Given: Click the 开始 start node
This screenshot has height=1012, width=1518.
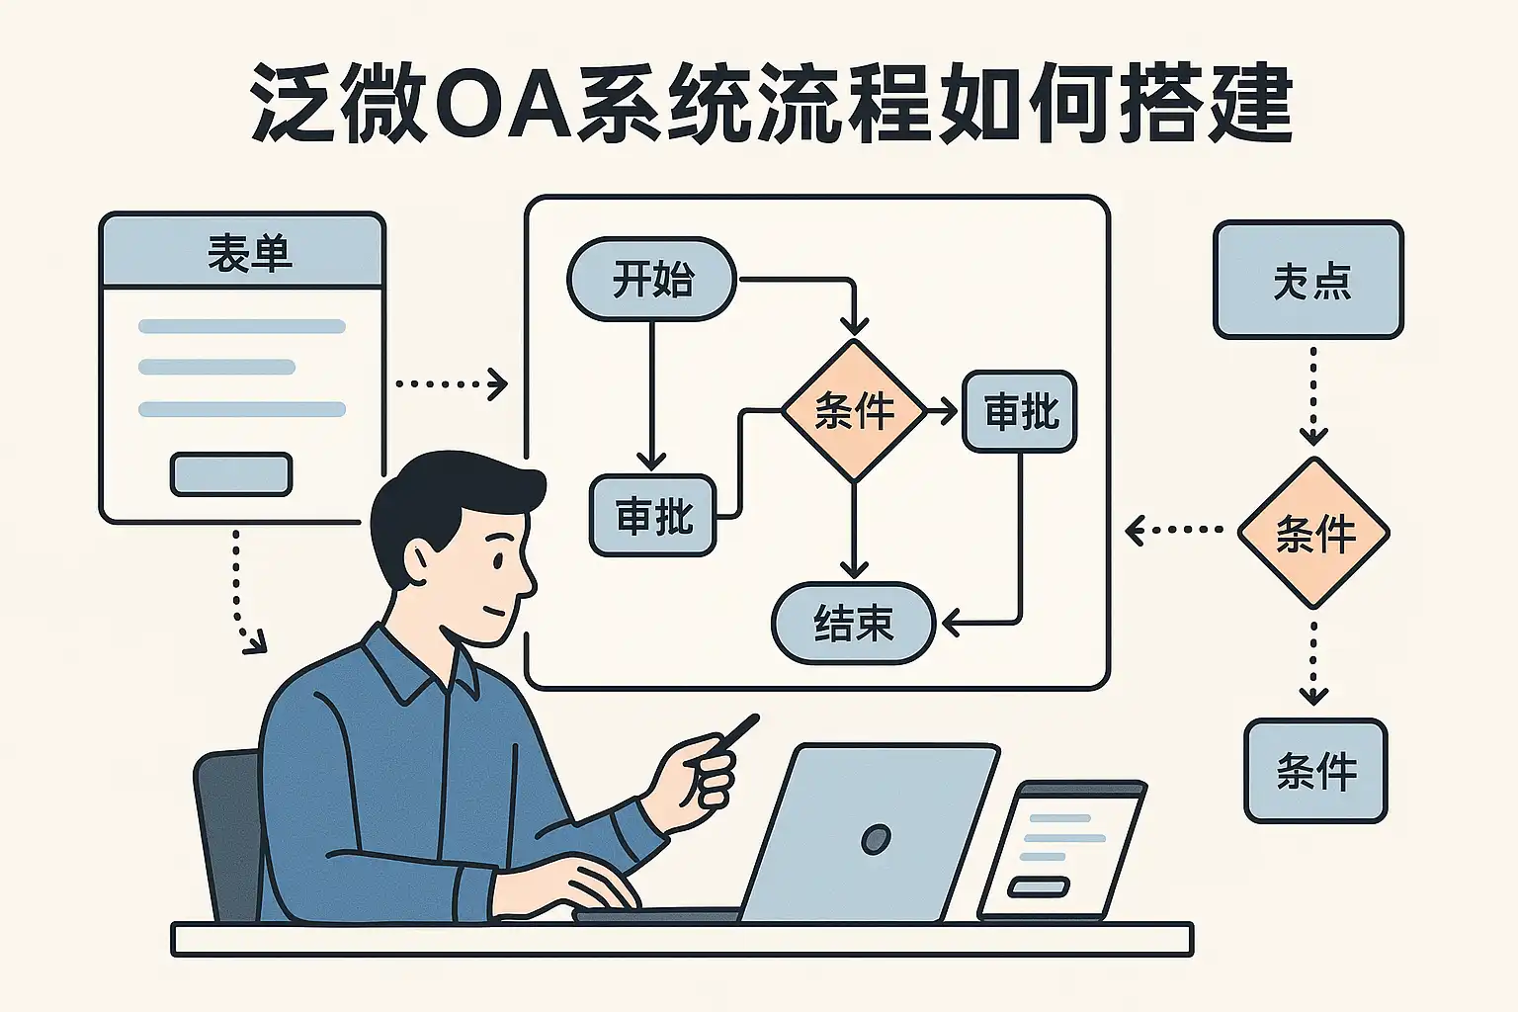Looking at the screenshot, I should (651, 280).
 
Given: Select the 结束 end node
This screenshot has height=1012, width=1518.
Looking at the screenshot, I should (853, 624).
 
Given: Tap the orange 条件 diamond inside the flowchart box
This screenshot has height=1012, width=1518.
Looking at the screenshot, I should (854, 411).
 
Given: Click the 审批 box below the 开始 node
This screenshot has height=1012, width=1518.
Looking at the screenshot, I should (652, 516).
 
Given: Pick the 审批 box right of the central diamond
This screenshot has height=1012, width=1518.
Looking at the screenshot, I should (1020, 411).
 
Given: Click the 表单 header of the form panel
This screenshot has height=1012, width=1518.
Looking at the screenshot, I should (243, 252).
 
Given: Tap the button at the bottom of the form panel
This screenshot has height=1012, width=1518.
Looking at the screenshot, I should (231, 474).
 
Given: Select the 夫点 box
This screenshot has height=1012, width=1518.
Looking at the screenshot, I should (1308, 281).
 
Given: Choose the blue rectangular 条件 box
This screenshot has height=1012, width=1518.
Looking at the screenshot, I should (1315, 771).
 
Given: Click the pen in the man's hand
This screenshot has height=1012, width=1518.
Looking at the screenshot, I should (736, 734).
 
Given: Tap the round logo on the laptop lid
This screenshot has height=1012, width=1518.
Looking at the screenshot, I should (876, 839).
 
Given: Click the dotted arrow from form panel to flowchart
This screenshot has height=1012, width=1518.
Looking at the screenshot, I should (451, 383).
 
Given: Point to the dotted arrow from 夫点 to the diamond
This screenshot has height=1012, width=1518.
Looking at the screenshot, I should (1313, 395).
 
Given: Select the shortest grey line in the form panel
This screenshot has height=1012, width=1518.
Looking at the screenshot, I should (216, 368).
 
